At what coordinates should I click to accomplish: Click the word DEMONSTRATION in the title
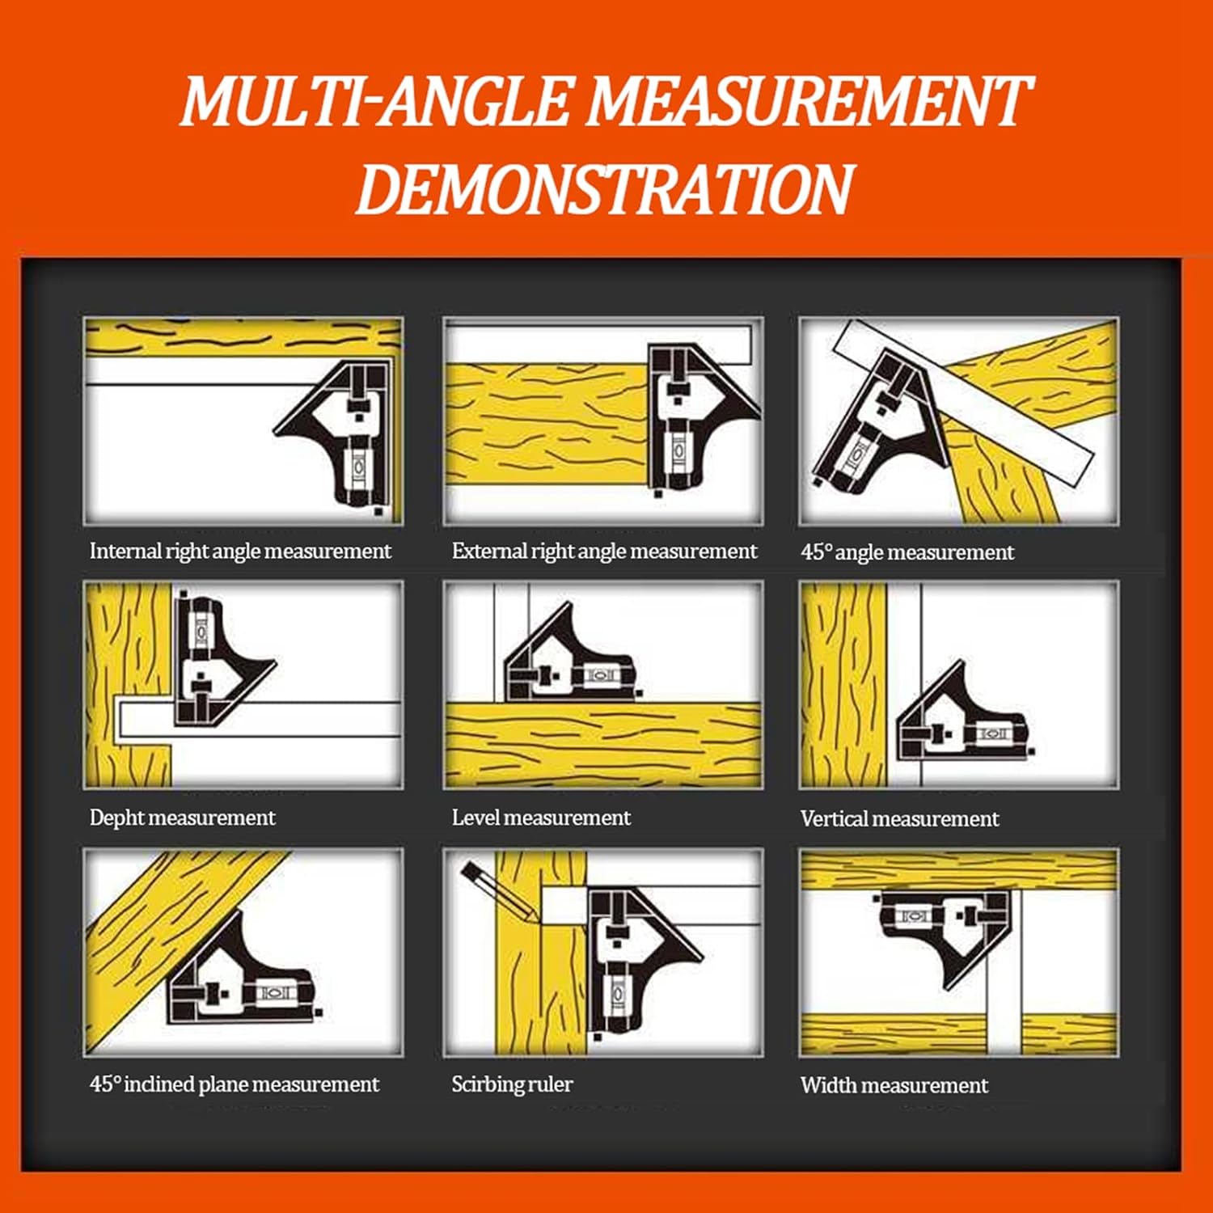[x=604, y=188]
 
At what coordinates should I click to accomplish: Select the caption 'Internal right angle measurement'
[x=240, y=552]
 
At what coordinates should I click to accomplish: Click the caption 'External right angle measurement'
[x=604, y=552]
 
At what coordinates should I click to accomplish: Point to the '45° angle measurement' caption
[x=907, y=552]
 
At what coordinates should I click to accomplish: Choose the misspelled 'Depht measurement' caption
[x=182, y=818]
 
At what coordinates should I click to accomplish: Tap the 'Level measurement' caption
[x=540, y=818]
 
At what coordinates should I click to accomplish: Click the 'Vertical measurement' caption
[x=899, y=818]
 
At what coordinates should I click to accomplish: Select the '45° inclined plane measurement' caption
[x=234, y=1084]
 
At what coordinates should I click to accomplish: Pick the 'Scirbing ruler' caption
[x=512, y=1084]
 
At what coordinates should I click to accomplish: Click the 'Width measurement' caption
[x=894, y=1085]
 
